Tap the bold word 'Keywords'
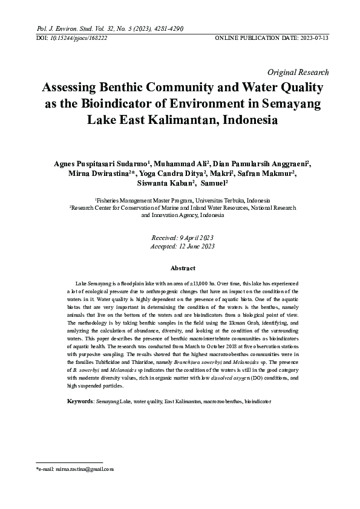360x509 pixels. coord(79,401)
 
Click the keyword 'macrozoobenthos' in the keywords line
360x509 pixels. coord(219,401)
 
